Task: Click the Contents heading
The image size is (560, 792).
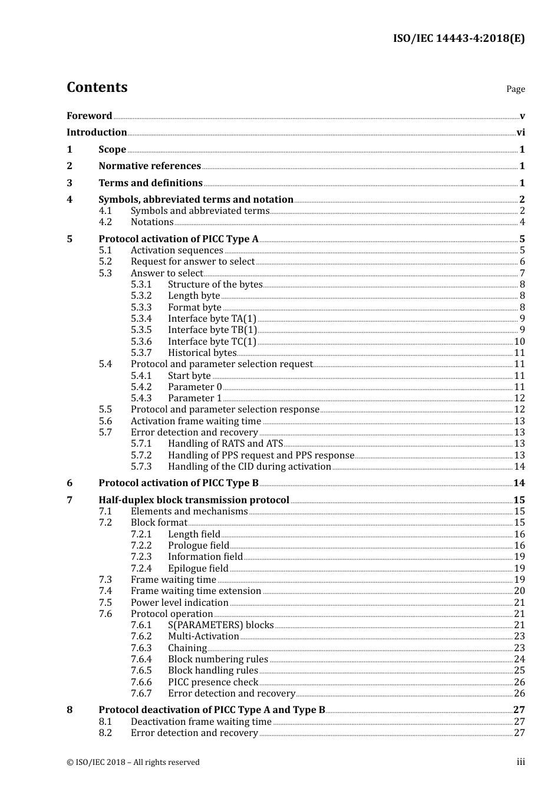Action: pos(97,87)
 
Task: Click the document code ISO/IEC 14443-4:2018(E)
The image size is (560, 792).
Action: pos(459,38)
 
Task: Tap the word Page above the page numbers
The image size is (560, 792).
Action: pos(515,89)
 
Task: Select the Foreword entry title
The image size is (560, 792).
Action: pos(89,116)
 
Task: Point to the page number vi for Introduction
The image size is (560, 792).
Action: pos(521,133)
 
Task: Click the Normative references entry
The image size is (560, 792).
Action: pos(150,166)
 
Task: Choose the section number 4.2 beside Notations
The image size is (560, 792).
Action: pos(105,222)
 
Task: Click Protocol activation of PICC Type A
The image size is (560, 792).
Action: pos(178,239)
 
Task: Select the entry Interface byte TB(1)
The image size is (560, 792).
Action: pos(212,330)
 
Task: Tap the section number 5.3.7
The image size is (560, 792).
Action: pos(141,353)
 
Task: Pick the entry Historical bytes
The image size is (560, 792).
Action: pos(202,353)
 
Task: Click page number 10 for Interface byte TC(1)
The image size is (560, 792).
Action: pos(519,342)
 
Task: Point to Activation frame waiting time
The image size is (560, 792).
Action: pos(196,421)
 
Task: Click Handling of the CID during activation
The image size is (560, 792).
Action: pos(249,467)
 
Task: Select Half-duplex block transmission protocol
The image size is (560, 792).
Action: pos(193,500)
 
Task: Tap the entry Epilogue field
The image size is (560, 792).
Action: pos(198,569)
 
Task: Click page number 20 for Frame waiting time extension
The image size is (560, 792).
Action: pos(519,591)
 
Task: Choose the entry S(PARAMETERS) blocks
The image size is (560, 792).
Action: pos(220,625)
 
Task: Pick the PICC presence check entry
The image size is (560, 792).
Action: pos(213,682)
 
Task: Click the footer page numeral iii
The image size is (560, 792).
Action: pos(521,762)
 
